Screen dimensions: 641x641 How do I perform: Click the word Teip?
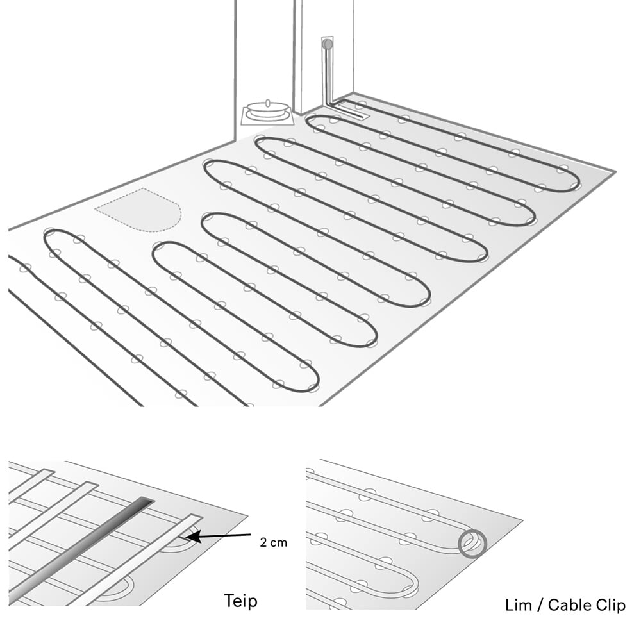pos(241,601)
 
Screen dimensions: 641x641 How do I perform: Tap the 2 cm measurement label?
pos(274,543)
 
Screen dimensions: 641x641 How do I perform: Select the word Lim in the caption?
pos(519,605)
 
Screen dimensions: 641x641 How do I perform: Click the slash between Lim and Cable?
pos(540,606)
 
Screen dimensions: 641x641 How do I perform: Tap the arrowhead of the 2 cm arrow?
pos(194,537)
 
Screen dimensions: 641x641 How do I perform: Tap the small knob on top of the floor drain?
pos(268,103)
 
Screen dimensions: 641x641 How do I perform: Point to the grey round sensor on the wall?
pos(328,44)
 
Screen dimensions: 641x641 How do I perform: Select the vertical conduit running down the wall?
pos(328,74)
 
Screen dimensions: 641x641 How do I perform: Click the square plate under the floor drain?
pos(268,115)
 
